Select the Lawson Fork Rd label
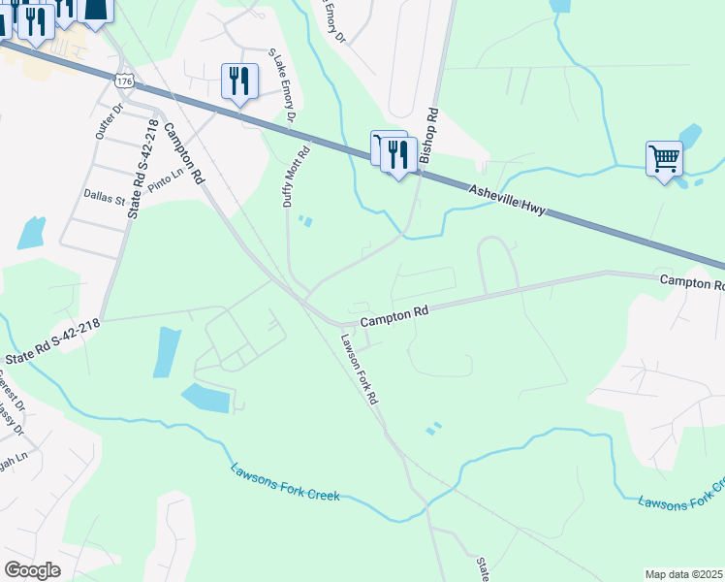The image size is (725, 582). click(359, 370)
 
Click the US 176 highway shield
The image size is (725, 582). click(123, 81)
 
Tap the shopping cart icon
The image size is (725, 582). click(664, 157)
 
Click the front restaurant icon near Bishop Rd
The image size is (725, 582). click(397, 154)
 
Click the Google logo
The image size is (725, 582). click(32, 569)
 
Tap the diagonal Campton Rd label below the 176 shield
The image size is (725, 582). click(183, 153)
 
